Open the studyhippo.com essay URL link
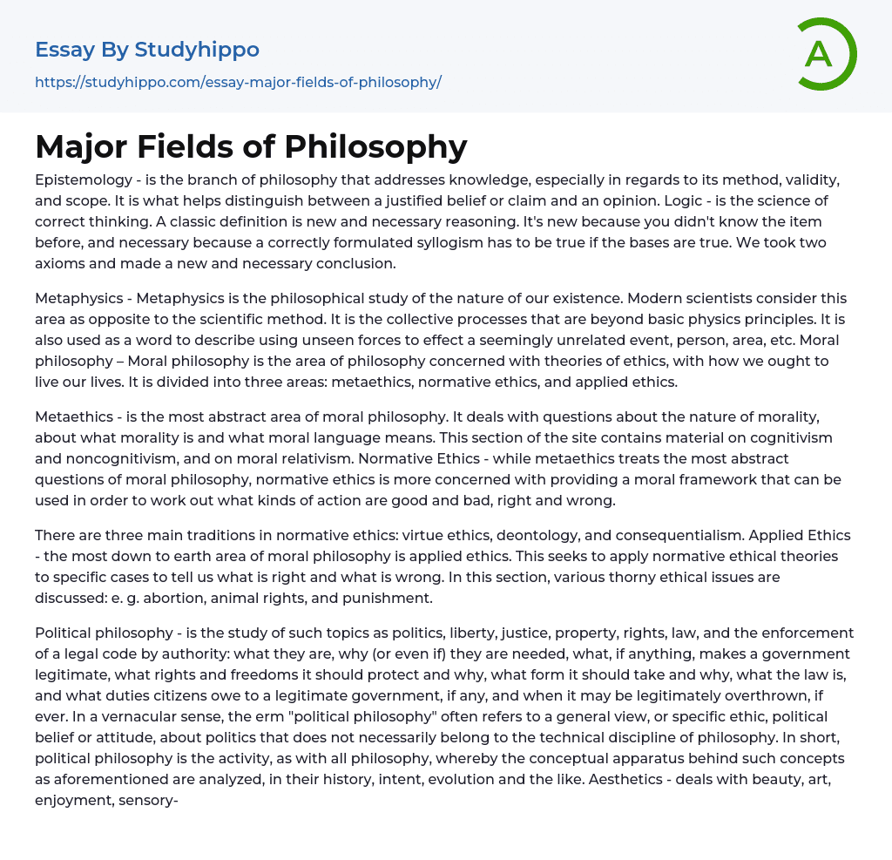(238, 82)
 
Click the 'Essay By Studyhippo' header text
(147, 50)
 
